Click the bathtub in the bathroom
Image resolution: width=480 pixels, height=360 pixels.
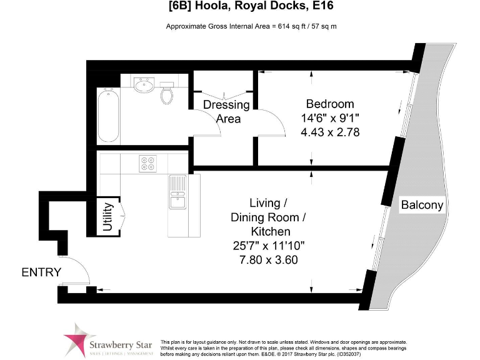(107, 116)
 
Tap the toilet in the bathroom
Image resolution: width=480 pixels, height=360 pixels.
(167, 94)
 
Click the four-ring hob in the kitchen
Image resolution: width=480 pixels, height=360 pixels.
(149, 163)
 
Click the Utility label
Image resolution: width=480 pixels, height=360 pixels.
(107, 217)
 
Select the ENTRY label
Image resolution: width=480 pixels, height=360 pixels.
(41, 272)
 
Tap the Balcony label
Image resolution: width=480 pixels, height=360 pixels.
(422, 204)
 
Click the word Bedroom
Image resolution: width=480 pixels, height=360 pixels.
(329, 104)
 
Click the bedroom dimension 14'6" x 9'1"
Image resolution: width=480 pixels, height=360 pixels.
(329, 118)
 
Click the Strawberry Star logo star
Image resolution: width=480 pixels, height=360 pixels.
(76, 339)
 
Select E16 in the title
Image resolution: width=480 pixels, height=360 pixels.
(327, 7)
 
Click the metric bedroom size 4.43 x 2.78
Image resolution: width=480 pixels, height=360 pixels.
(329, 132)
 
